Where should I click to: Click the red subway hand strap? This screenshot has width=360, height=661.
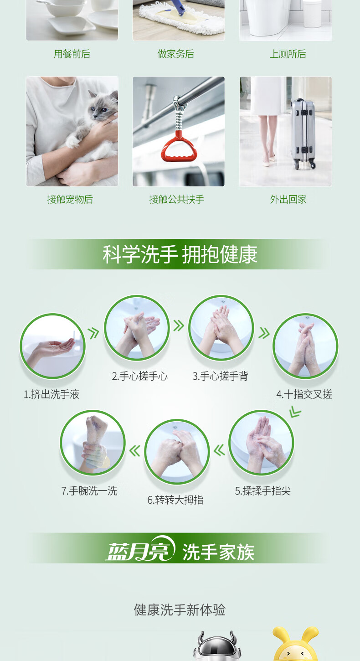(x=179, y=148)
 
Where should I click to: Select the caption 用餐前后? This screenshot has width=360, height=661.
(x=72, y=54)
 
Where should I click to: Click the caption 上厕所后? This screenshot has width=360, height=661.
(x=288, y=54)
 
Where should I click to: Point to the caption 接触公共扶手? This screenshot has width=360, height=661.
(x=177, y=200)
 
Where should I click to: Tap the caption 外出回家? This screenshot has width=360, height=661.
(x=288, y=200)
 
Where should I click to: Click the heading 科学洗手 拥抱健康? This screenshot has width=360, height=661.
(x=180, y=254)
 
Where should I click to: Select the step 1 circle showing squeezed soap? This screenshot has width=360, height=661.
(x=52, y=346)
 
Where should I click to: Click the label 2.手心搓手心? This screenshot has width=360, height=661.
(x=140, y=376)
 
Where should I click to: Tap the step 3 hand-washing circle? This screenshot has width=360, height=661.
(x=221, y=328)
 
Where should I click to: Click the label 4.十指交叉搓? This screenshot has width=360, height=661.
(x=304, y=394)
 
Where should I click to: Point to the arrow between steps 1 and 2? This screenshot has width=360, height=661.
(x=93, y=333)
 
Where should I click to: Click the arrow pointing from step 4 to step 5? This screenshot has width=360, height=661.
(x=295, y=412)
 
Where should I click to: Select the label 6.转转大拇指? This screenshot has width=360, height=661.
(x=175, y=500)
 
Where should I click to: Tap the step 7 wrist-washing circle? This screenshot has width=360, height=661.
(x=93, y=442)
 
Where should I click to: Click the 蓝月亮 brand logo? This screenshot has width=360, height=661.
(x=141, y=548)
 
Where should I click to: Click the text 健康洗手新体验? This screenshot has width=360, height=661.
(x=180, y=609)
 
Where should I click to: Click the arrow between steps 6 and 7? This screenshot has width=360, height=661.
(x=134, y=451)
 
